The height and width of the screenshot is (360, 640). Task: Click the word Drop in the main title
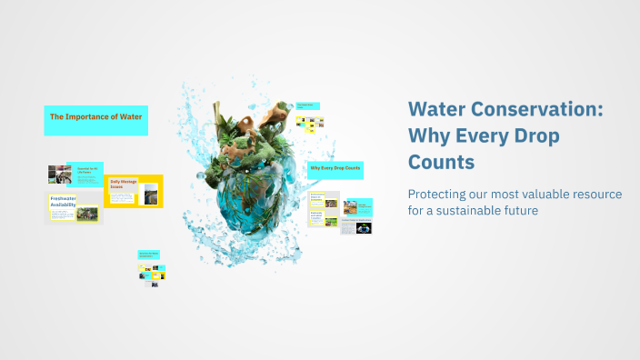(535, 136)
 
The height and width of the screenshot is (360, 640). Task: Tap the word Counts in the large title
(441, 164)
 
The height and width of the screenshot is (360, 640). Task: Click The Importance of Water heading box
(95, 119)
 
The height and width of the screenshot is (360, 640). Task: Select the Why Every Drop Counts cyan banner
(335, 169)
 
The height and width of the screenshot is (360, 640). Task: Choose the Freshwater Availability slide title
(64, 202)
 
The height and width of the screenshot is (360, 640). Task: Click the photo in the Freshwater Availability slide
(87, 215)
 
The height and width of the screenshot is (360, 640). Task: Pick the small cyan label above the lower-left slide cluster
(150, 255)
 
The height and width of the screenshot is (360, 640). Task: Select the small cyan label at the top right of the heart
(309, 106)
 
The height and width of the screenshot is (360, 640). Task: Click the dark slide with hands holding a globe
(364, 227)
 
